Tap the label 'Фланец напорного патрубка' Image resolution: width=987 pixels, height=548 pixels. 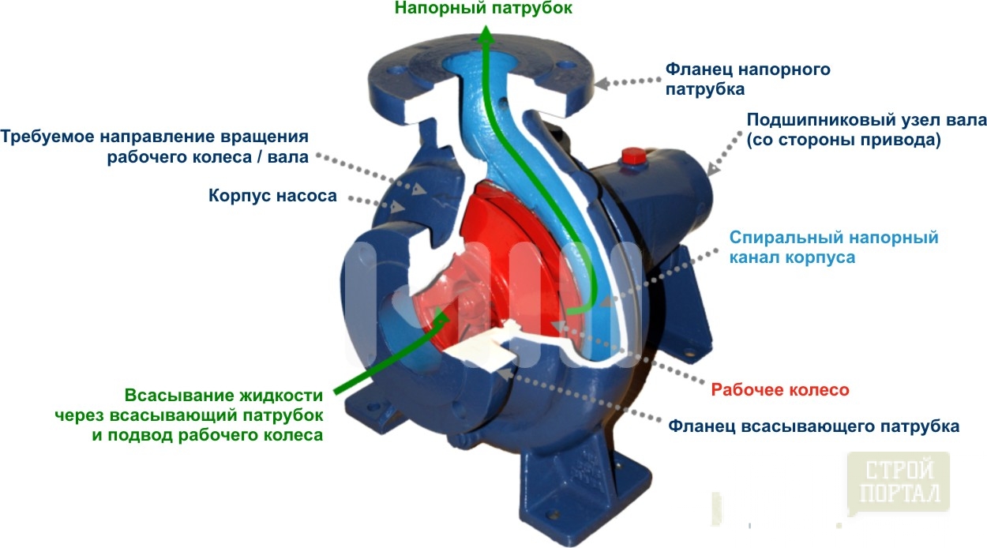point(748,79)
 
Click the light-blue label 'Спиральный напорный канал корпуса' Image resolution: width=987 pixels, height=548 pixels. point(833,247)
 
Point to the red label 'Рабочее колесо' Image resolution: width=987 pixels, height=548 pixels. point(779,390)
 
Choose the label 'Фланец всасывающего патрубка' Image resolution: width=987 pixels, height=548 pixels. point(813,426)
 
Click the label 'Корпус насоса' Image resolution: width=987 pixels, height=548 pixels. point(272,195)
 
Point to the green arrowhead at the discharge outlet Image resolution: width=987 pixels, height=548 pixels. point(486,33)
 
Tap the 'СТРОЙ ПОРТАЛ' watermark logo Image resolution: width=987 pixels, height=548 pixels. point(899,481)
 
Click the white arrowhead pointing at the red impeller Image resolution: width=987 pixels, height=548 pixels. point(558,326)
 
